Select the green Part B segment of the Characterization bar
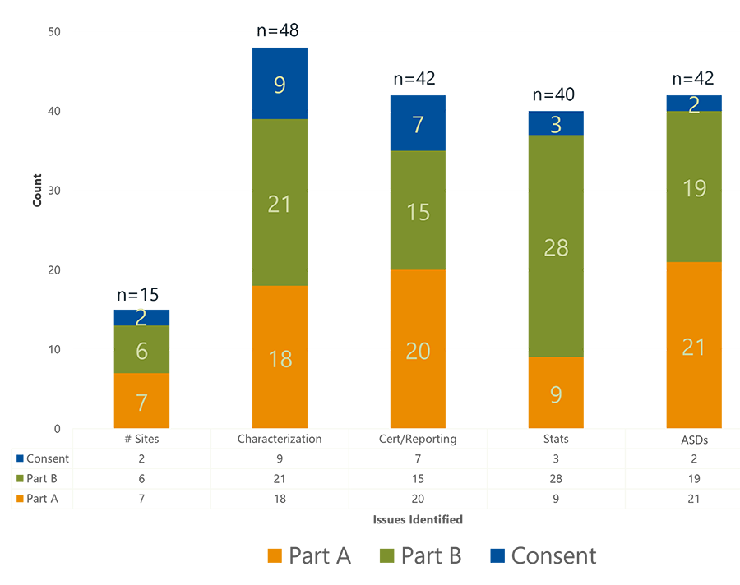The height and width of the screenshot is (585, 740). (x=280, y=202)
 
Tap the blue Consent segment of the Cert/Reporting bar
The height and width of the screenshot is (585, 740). (x=418, y=123)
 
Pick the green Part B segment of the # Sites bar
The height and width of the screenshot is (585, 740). (x=141, y=349)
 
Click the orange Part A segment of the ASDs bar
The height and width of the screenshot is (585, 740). (x=694, y=345)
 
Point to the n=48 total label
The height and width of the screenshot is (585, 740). (x=277, y=31)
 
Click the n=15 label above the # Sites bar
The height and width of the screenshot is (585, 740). (x=137, y=295)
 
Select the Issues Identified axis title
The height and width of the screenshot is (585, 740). (x=418, y=519)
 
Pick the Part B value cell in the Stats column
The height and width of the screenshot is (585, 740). (x=556, y=478)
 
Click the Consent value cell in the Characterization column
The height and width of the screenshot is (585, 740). (x=280, y=458)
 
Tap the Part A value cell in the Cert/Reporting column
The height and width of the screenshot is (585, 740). (x=418, y=498)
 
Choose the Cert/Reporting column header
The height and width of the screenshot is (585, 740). (x=418, y=439)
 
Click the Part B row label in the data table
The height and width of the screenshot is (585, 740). (x=41, y=478)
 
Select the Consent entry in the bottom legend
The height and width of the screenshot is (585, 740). (x=542, y=555)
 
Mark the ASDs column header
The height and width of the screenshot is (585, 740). (x=694, y=440)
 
